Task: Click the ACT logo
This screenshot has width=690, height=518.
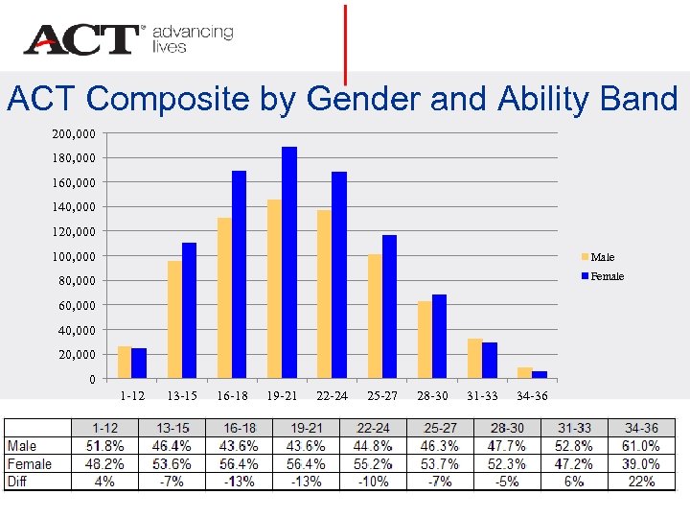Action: pyautogui.click(x=82, y=40)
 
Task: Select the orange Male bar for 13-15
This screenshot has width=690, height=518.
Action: pyautogui.click(x=174, y=319)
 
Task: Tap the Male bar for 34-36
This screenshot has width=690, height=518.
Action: pyautogui.click(x=524, y=372)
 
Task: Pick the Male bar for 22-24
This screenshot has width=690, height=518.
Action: pyautogui.click(x=324, y=294)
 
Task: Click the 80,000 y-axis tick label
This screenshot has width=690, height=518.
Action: pyautogui.click(x=76, y=280)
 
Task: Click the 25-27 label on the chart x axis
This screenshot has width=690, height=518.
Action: pyautogui.click(x=382, y=396)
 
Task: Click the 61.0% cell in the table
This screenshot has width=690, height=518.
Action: pyautogui.click(x=640, y=446)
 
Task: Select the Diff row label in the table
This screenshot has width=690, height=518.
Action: pyautogui.click(x=18, y=482)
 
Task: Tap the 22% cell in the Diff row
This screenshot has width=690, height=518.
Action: pyautogui.click(x=640, y=482)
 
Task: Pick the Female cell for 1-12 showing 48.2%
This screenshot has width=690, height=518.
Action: pyautogui.click(x=104, y=464)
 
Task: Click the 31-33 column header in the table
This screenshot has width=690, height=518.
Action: pyautogui.click(x=573, y=428)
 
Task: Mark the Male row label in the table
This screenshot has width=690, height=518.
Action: pyautogui.click(x=22, y=446)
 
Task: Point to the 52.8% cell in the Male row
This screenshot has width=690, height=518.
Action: pyautogui.click(x=573, y=446)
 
